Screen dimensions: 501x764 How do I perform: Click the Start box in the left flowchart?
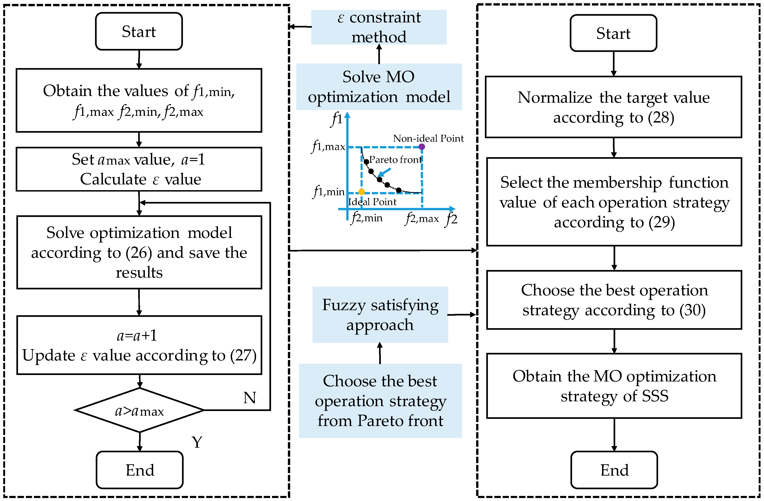point(139,31)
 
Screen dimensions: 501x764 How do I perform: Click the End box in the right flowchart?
point(614,470)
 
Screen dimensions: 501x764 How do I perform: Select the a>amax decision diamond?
point(139,411)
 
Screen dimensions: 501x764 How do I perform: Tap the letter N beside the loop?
point(249,398)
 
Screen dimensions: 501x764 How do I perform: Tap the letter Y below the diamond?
point(197,442)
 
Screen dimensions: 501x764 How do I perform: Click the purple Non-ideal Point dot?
point(422,147)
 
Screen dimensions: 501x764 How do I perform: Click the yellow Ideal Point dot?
point(361,192)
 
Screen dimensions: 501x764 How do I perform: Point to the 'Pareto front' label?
point(395,160)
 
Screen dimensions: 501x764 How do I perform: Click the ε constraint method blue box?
point(379,27)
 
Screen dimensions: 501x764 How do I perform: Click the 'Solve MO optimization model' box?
point(379,87)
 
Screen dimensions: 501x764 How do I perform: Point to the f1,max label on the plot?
point(328,147)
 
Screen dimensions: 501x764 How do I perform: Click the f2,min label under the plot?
point(367,218)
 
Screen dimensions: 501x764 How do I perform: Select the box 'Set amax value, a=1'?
point(139,169)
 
